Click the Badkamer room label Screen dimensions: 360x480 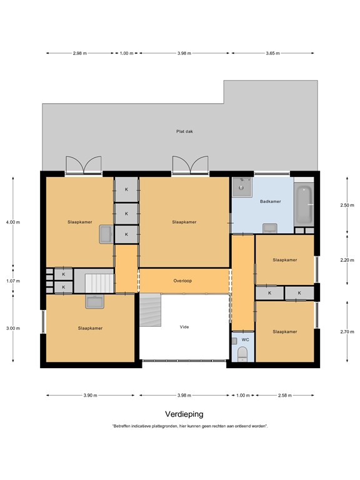[x=270, y=201]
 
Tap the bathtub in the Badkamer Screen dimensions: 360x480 [x=304, y=204]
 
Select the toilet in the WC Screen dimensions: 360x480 [x=242, y=354]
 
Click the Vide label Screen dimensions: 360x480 [x=184, y=327]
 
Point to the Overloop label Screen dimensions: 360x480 [x=182, y=281]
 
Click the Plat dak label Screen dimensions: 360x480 [x=184, y=131]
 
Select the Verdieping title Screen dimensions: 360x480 [x=184, y=414]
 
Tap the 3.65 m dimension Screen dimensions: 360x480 [x=272, y=53]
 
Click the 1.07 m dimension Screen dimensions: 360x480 [x=13, y=281]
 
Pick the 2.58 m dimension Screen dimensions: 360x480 [x=285, y=395]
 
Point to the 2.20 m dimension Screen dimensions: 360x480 [x=347, y=260]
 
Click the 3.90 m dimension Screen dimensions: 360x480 [x=90, y=395]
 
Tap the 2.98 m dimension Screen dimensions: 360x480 [x=79, y=53]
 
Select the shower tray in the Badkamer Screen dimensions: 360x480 [x=242, y=187]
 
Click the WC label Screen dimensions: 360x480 [x=245, y=339]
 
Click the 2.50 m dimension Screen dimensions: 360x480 [x=347, y=205]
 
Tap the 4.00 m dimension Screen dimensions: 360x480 [x=13, y=222]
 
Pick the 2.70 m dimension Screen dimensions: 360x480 [x=347, y=331]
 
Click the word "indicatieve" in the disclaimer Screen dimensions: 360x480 [x=141, y=426]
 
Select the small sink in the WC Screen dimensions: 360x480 [x=234, y=341]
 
